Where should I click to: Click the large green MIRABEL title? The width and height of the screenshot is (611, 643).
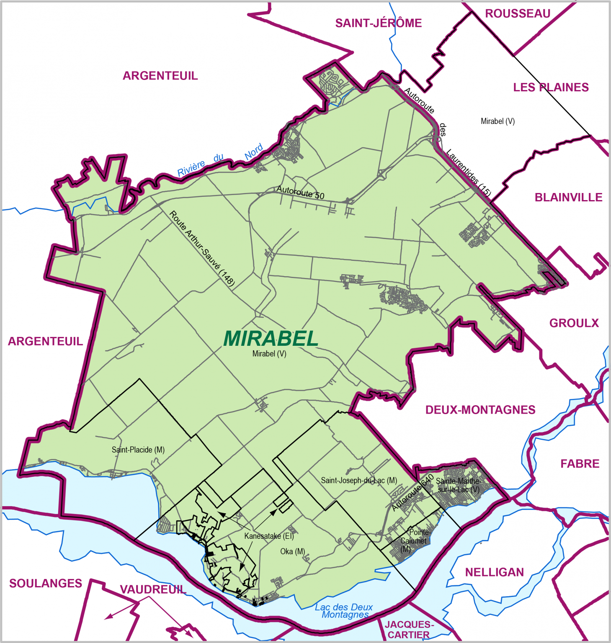(x=271, y=339)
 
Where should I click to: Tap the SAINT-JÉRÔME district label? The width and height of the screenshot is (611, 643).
(x=378, y=23)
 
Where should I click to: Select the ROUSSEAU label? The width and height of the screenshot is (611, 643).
(x=518, y=14)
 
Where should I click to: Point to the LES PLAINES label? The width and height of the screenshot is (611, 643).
(x=551, y=87)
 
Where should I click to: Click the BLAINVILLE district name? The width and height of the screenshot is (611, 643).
(x=568, y=198)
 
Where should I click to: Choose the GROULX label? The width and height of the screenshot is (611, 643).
(x=574, y=323)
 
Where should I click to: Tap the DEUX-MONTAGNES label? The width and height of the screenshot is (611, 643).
(x=480, y=410)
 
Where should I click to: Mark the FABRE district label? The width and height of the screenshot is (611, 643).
(x=580, y=464)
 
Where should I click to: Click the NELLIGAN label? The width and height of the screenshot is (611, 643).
(x=494, y=572)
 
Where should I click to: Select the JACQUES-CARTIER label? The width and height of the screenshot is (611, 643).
(x=409, y=630)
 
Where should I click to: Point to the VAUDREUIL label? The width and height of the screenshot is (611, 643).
(x=153, y=589)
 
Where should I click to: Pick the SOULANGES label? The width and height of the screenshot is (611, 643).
(x=46, y=584)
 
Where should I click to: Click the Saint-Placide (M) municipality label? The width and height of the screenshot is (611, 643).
(x=138, y=450)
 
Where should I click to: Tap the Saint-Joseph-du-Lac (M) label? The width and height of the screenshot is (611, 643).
(x=359, y=481)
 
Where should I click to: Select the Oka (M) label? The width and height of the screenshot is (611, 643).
(x=292, y=552)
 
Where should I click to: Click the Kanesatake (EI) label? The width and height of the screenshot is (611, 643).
(x=269, y=536)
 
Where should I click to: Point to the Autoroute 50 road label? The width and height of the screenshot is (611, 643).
(x=300, y=193)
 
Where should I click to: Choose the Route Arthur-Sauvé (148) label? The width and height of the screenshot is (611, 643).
(x=202, y=249)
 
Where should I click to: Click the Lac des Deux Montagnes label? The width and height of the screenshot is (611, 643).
(x=344, y=611)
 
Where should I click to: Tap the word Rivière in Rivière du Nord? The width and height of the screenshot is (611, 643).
(x=191, y=168)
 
